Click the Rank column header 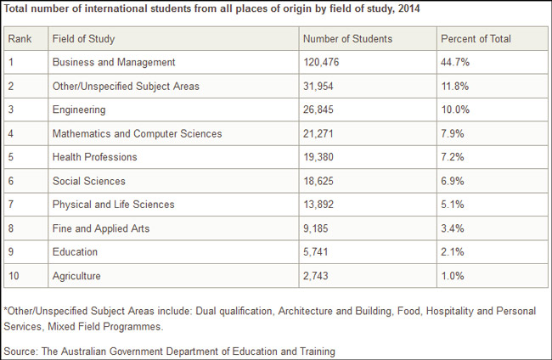click(20, 39)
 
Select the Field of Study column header click(83, 39)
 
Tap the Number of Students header click(347, 39)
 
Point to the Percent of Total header click(476, 39)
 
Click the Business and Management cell click(114, 62)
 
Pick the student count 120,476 click(321, 62)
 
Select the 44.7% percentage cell click(455, 62)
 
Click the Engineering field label click(79, 110)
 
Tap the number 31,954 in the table click(318, 87)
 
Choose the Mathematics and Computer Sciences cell click(137, 133)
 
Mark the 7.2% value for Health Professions click(452, 157)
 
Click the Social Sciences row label click(88, 181)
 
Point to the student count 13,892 click(318, 205)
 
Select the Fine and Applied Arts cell click(101, 228)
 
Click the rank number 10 click(14, 276)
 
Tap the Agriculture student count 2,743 click(315, 276)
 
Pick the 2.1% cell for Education click(452, 252)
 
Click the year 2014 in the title click(408, 8)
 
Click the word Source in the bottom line click(20, 352)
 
